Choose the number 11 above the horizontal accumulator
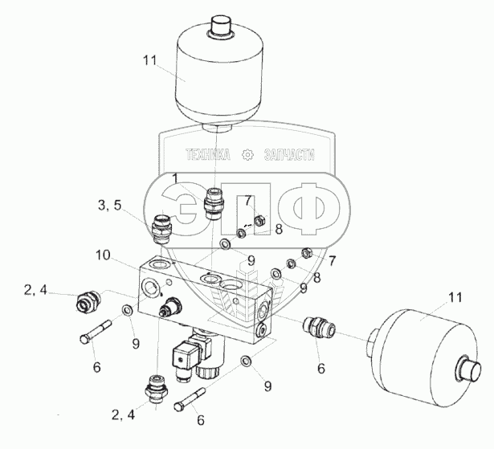pyautogui.click(x=454, y=298)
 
